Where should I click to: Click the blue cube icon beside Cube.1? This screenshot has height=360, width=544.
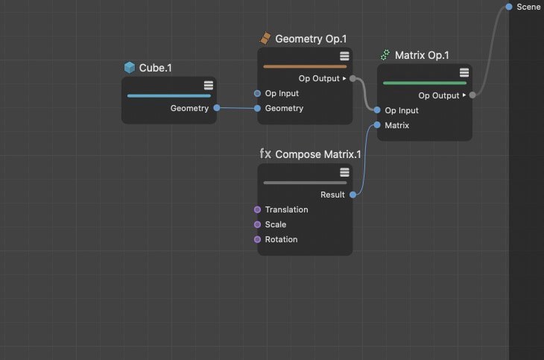[x=130, y=67]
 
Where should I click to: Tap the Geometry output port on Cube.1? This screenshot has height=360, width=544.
[x=217, y=108]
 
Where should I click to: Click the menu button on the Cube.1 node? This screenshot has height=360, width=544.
[x=209, y=86]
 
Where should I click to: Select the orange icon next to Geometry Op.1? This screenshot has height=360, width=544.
[x=265, y=38]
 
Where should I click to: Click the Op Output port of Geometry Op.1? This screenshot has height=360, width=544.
[x=352, y=78]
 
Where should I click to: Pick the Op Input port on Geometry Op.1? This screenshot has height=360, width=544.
[x=257, y=93]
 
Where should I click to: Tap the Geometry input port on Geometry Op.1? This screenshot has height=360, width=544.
[x=257, y=108]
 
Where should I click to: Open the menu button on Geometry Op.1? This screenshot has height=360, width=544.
[x=344, y=56]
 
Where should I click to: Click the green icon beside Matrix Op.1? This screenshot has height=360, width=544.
[x=385, y=55]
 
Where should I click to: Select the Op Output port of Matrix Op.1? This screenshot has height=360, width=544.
[x=472, y=95]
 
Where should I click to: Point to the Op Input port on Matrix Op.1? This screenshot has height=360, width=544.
[x=377, y=110]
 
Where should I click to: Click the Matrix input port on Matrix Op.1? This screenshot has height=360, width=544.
[x=377, y=125]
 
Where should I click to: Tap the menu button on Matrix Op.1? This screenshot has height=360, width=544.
[x=464, y=72]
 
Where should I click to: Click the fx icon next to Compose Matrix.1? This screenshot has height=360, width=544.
[x=265, y=154]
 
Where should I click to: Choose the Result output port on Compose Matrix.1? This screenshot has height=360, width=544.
[x=352, y=195]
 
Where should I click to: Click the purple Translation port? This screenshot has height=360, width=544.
[x=257, y=209]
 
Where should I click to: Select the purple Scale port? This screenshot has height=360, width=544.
[x=257, y=224]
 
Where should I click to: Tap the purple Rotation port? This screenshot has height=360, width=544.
[x=257, y=239]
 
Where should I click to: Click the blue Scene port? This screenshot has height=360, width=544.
[x=509, y=7]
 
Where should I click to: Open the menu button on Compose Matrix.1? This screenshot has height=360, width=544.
[x=344, y=172]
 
